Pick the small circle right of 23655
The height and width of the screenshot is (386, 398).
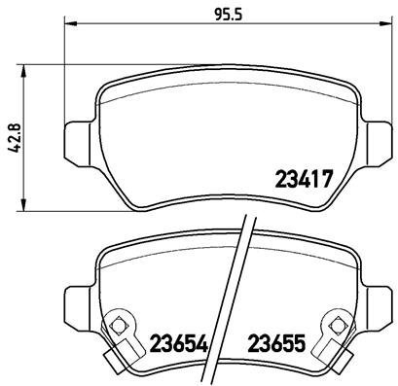335,324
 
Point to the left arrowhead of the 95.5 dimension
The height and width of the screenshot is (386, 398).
70,28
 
